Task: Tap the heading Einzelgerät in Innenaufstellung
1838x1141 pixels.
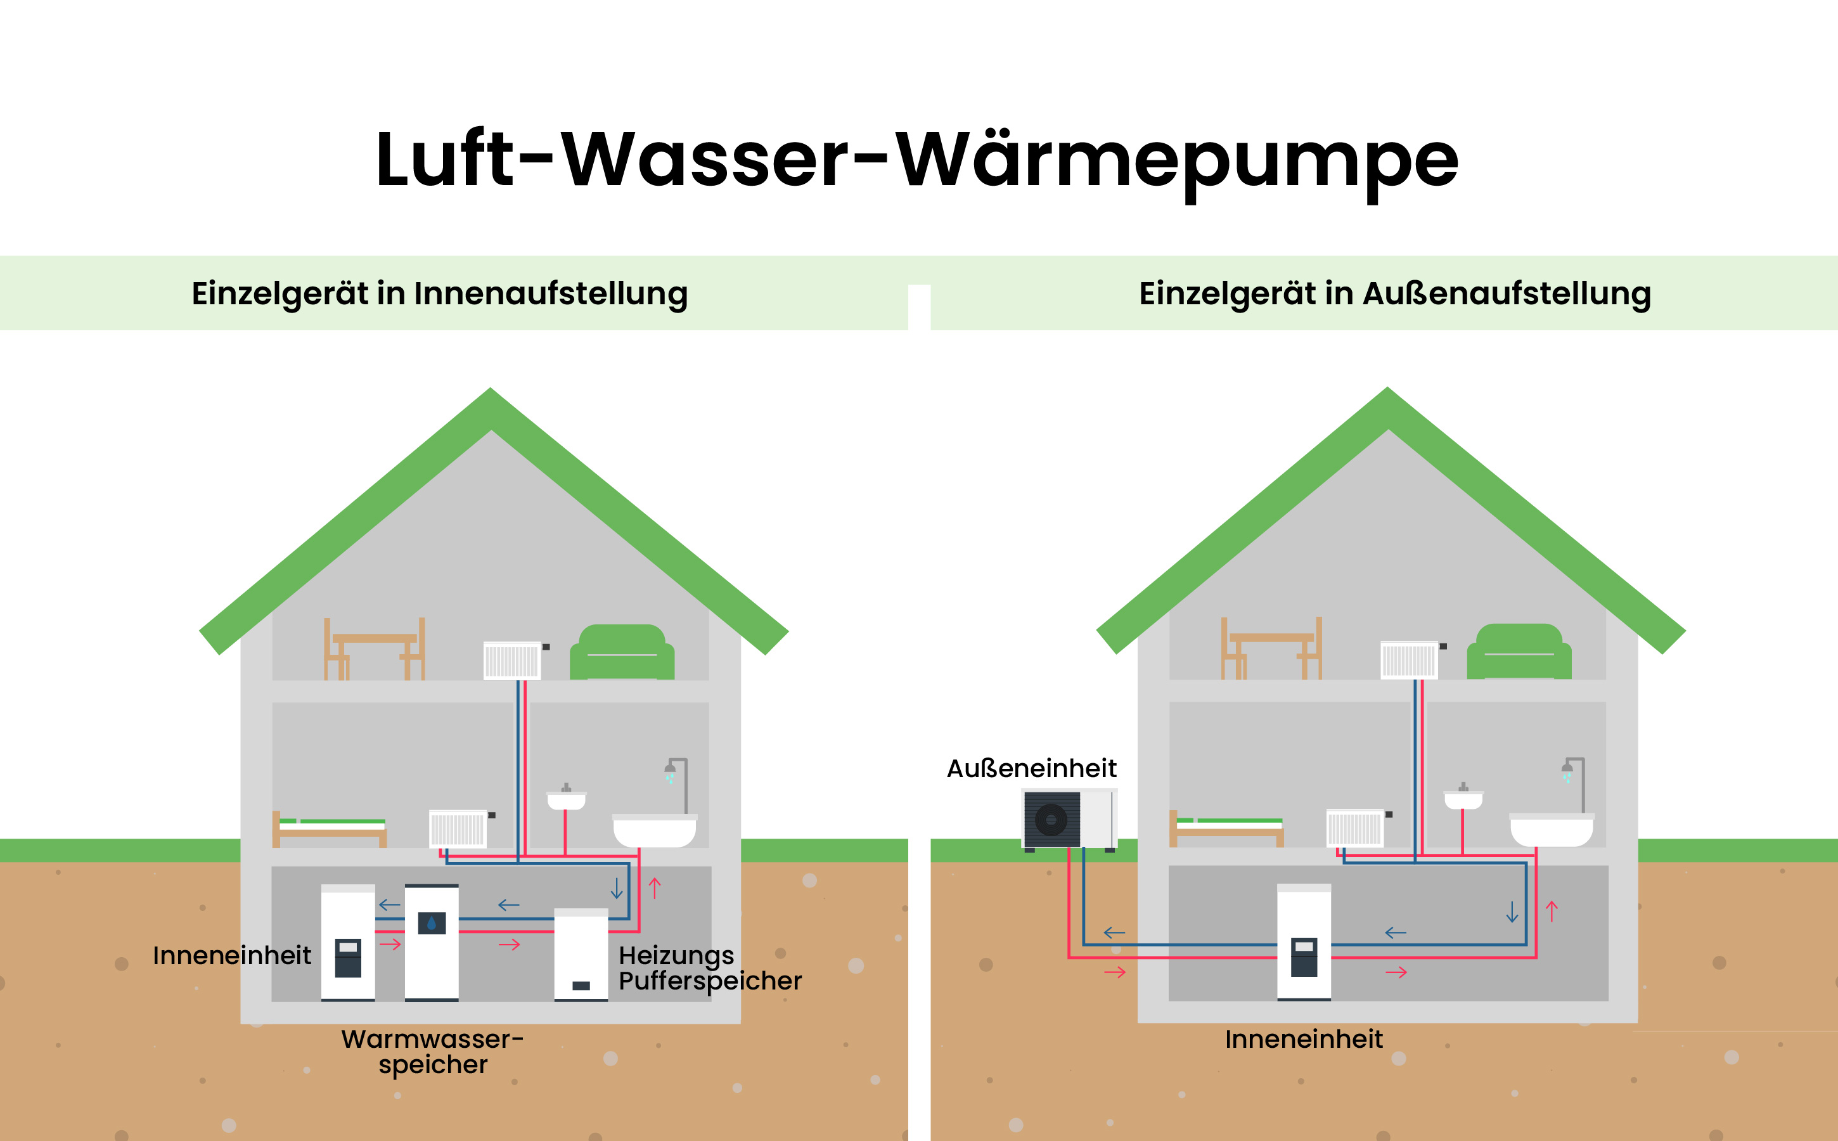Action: pos(439,293)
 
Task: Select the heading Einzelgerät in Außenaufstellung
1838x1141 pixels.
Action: pos(1394,293)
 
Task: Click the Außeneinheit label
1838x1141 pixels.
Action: pos(1031,768)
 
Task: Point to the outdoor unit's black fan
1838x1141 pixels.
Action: pos(1050,820)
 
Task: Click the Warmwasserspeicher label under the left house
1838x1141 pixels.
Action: pos(432,1050)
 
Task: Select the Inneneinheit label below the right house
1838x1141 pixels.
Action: pos(1303,1039)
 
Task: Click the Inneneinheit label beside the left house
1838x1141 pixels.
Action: pos(231,955)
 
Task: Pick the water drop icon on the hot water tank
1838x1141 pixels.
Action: pos(432,922)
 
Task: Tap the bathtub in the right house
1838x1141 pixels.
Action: pos(1552,830)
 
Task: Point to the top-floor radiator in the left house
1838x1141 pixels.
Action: pos(512,661)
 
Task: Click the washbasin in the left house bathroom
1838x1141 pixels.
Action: pos(566,800)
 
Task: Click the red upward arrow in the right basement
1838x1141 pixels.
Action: pos(1552,912)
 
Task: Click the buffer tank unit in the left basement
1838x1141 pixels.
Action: pos(581,955)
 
